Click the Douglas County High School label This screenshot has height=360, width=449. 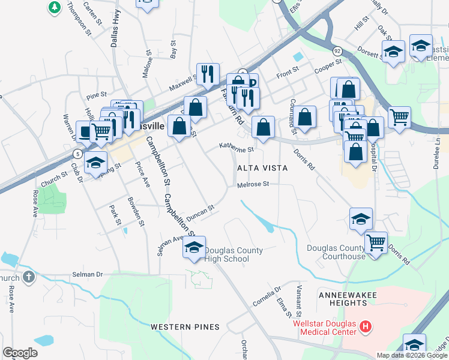pos(226,254)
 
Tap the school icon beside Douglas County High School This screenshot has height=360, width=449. pos(194,247)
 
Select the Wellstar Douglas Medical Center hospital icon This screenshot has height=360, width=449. pos(366,328)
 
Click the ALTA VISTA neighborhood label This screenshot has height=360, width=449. pos(263,169)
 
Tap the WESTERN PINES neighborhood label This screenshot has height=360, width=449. pos(185,327)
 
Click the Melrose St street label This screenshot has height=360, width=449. pos(252,185)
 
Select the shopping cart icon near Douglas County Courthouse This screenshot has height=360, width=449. pos(376,243)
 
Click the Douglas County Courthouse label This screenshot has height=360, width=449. pos(336,252)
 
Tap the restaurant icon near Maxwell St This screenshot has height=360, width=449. pos(208,74)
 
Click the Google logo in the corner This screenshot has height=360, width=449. pos(20,352)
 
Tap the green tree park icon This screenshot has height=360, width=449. pos(55,7)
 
